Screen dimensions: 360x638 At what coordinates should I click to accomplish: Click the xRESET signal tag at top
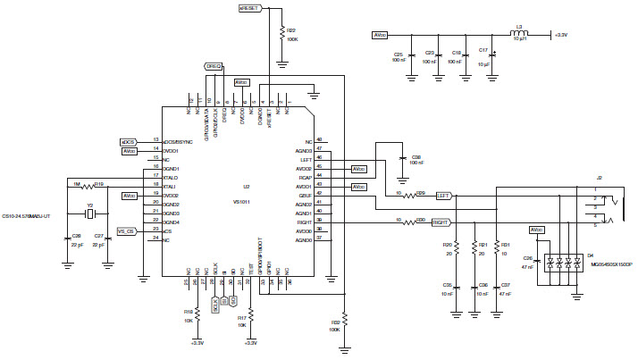tap(251, 7)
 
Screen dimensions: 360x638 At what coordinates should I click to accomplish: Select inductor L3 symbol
tap(519, 35)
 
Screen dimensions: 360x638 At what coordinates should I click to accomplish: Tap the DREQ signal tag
tap(214, 65)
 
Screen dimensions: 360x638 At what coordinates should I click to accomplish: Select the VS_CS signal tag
tap(126, 230)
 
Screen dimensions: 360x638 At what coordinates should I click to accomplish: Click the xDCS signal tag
tap(129, 141)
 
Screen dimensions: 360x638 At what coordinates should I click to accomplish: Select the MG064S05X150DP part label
tap(611, 265)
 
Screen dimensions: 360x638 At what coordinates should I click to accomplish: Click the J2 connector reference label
tap(600, 179)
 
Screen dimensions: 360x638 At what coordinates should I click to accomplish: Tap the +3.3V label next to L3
tap(560, 35)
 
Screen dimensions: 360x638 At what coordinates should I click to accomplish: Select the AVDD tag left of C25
tap(381, 35)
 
